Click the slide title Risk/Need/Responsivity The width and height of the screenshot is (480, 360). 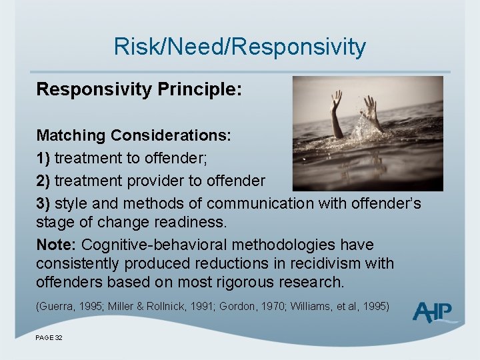pos(240,47)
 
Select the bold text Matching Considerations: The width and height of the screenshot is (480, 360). pos(133,135)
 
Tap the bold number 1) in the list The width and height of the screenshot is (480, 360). pos(44,158)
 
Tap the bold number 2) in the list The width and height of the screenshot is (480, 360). pos(44,181)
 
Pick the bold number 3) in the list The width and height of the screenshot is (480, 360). pos(44,203)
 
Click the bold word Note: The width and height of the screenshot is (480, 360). pos(56,245)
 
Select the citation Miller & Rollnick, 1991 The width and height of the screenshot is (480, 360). pos(147,307)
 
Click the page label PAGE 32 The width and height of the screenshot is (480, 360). pos(49,338)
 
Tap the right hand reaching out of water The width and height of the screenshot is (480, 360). pos(370,110)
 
